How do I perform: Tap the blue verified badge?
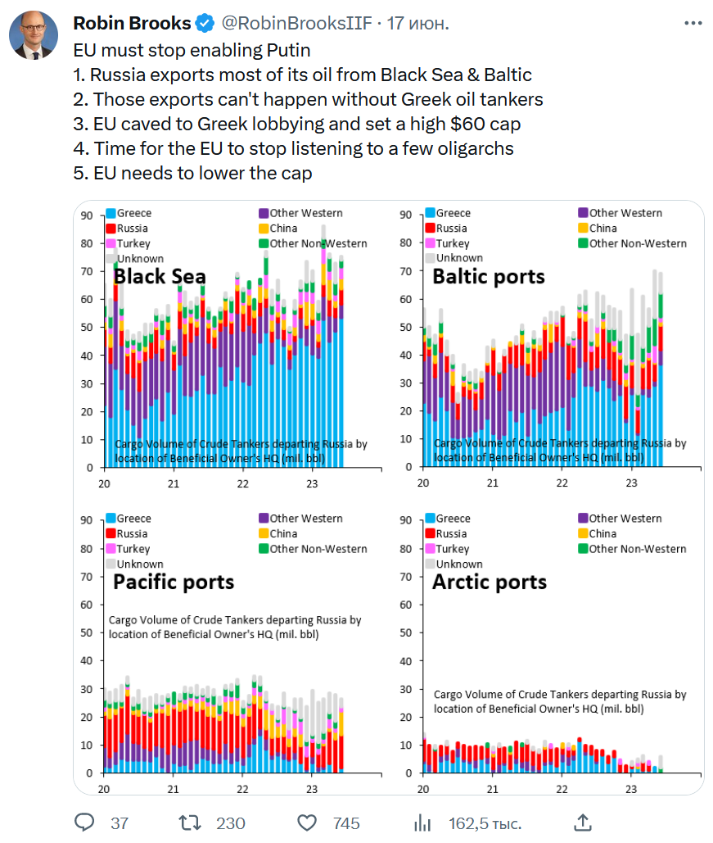[x=205, y=23]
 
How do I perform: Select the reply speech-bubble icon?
[x=85, y=822]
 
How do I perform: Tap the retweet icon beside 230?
[x=189, y=822]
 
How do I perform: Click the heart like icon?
[x=307, y=822]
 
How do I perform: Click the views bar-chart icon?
[x=422, y=822]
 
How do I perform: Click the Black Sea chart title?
[x=160, y=277]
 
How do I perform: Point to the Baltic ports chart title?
[x=488, y=277]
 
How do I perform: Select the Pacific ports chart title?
[x=174, y=582]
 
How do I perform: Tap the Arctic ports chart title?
[x=489, y=582]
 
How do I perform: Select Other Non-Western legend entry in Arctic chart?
[x=638, y=549]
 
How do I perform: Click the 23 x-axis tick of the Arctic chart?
[x=631, y=789]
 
